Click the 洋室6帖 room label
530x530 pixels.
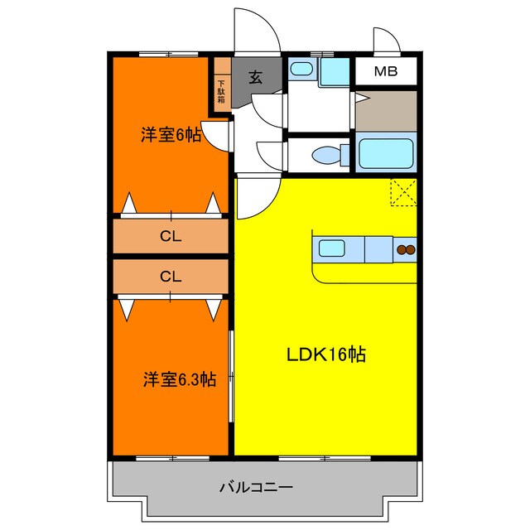tap(171, 133)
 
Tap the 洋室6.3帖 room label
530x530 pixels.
tap(179, 379)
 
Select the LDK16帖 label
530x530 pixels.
tap(326, 355)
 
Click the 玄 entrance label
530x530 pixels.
tap(256, 79)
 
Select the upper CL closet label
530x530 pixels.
tap(170, 237)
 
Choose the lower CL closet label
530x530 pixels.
tap(170, 277)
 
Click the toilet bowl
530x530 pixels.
tap(330, 154)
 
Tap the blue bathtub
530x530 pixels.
tap(385, 154)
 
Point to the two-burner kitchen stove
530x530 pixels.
tap(405, 249)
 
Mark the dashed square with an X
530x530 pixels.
tap(403, 193)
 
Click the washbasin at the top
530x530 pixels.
tap(301, 70)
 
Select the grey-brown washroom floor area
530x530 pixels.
tap(385, 111)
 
